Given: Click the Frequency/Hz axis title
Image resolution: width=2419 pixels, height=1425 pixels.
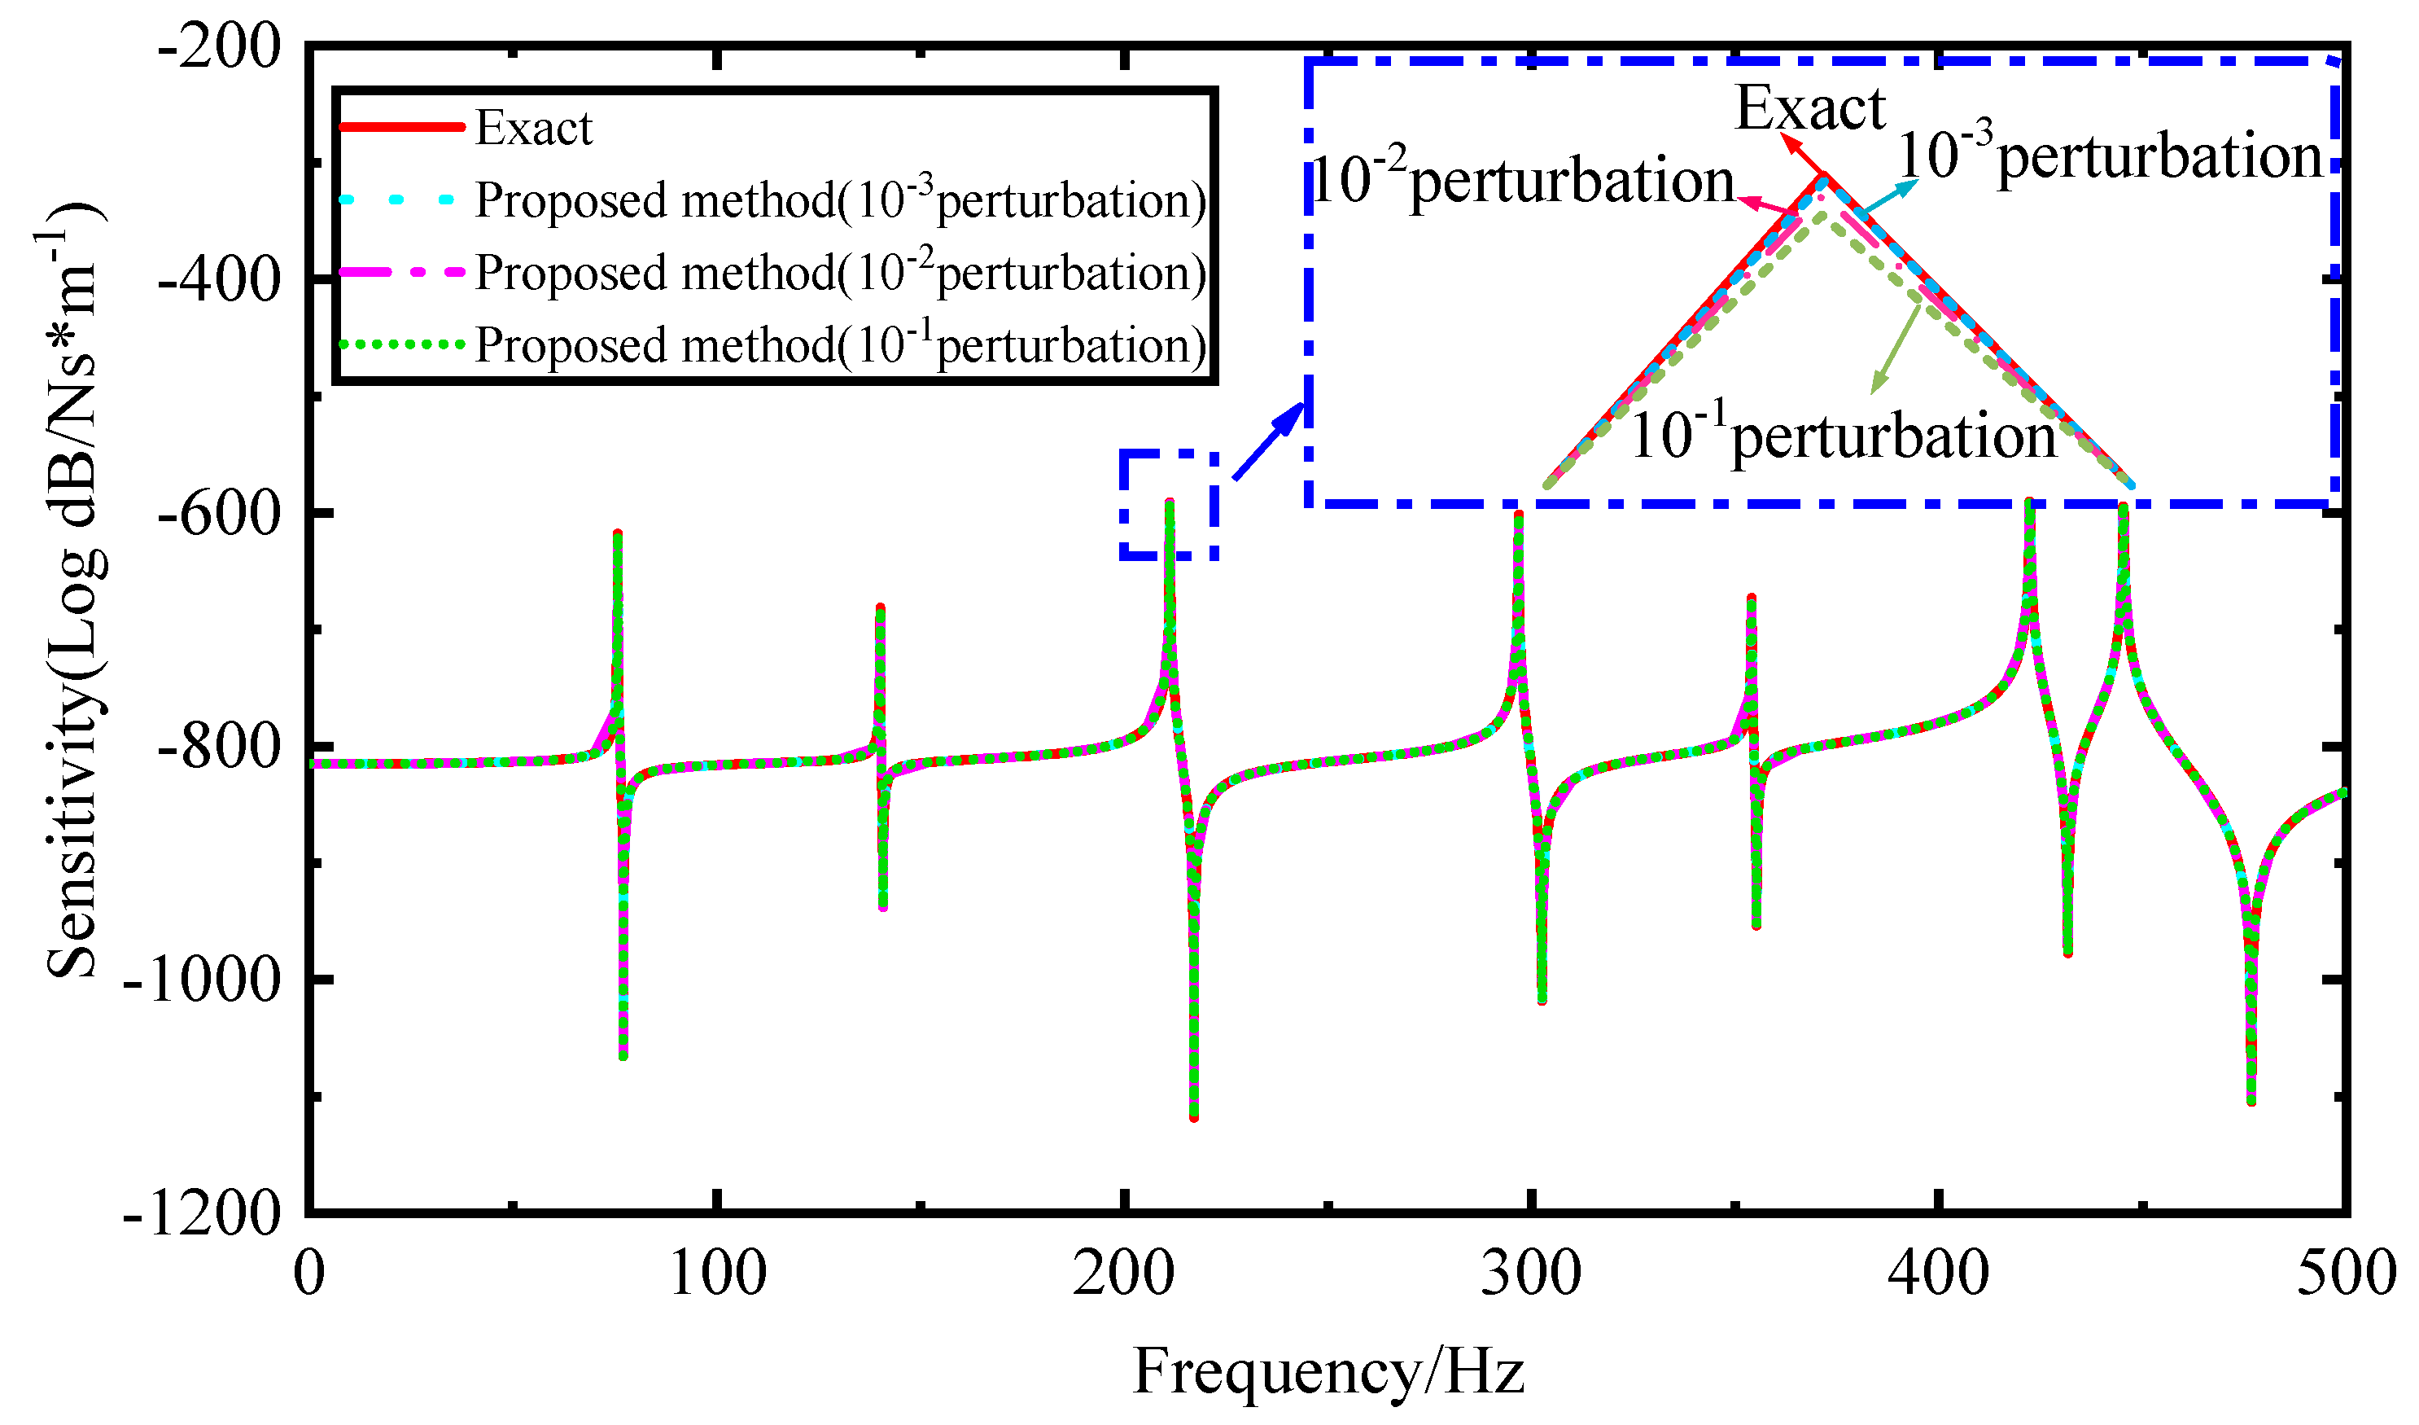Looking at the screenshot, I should [x=1329, y=1371].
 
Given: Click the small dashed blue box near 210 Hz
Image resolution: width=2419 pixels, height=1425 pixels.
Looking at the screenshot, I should [x=1169, y=505].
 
